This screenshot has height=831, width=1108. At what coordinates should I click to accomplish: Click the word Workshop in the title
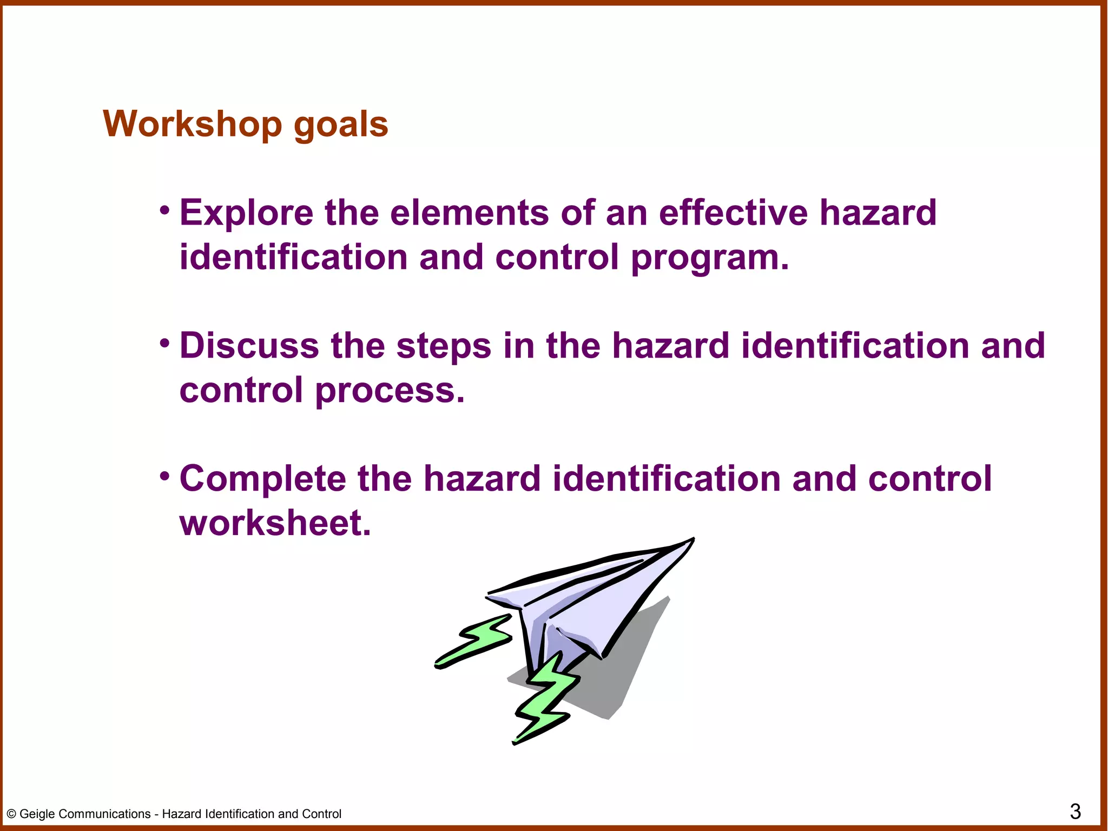pos(192,124)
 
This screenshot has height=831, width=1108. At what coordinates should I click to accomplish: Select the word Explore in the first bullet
pos(246,213)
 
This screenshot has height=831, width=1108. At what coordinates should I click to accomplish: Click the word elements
pos(469,213)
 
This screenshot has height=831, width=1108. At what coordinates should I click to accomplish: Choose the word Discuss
pos(249,346)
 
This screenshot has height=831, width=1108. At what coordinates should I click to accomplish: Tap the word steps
pos(444,347)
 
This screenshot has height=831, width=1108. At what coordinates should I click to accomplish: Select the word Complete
pos(263,479)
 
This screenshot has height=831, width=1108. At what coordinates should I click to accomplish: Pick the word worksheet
pos(275,523)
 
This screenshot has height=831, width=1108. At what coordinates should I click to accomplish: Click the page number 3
pos(1075,812)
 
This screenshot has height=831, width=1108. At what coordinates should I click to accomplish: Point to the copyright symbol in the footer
pos(11,814)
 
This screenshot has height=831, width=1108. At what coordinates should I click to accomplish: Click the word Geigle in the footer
pos(37,814)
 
